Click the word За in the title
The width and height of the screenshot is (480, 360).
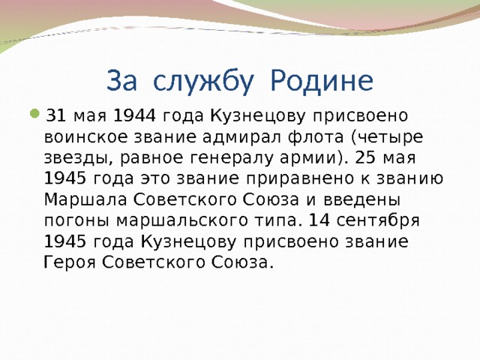(121, 81)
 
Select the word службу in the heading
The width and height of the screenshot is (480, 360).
(203, 82)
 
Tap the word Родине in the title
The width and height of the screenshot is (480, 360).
(322, 81)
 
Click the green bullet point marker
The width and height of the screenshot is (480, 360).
(35, 113)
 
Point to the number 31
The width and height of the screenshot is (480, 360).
(55, 115)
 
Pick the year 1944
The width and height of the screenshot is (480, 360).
(134, 115)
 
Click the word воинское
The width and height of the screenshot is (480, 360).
(85, 137)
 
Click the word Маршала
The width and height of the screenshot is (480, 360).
(85, 199)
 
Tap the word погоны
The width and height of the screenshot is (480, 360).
(76, 221)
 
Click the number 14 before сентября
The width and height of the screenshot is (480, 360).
(319, 220)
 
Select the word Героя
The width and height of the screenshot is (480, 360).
(70, 262)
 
